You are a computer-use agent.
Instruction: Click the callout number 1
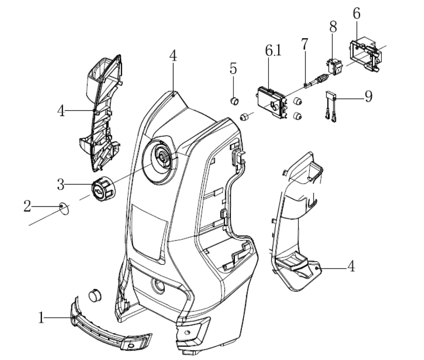click(41, 317)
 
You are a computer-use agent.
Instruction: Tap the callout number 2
click(27, 206)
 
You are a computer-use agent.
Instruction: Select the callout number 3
click(61, 184)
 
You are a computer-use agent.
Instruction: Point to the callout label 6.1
click(273, 51)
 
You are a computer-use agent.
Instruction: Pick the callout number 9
click(368, 96)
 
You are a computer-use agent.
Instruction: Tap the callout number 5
click(234, 69)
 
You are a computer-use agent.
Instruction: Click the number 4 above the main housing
click(173, 56)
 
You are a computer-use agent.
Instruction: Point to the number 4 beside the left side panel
click(61, 111)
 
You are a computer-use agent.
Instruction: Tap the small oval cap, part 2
click(63, 207)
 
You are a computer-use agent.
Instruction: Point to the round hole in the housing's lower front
click(157, 286)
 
